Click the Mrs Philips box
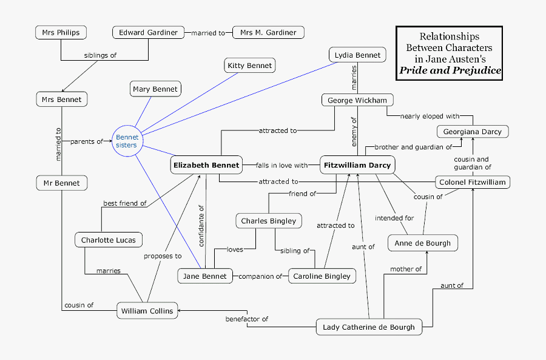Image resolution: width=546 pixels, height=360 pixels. [x=61, y=33]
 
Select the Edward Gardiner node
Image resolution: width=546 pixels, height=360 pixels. [x=148, y=33]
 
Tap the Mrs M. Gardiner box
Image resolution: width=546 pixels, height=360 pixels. [x=268, y=33]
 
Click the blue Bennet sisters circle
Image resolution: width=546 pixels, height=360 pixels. [x=127, y=141]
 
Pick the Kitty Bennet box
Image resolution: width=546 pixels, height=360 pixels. [x=250, y=66]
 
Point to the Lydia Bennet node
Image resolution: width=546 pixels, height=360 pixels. [x=358, y=55]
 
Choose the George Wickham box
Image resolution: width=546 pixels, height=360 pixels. [x=357, y=100]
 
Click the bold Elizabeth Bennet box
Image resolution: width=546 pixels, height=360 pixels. [x=206, y=165]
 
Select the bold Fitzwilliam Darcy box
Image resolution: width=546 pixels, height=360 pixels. [x=357, y=165]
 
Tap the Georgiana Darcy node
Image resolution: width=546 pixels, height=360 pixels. [x=473, y=132]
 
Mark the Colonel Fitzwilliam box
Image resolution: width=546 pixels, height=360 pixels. [x=473, y=182]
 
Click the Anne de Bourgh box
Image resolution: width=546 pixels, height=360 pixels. [x=423, y=243]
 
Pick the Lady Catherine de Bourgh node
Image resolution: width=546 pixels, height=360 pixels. [x=369, y=327]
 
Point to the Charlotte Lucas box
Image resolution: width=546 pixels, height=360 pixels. [x=109, y=240]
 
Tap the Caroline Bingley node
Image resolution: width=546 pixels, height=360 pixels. [x=322, y=276]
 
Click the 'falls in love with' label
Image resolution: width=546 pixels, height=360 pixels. [x=282, y=165]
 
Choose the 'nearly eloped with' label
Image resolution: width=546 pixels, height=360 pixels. [x=429, y=116]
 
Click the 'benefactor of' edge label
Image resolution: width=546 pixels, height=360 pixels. [x=247, y=319]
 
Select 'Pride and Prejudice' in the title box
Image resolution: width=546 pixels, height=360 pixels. [x=450, y=70]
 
